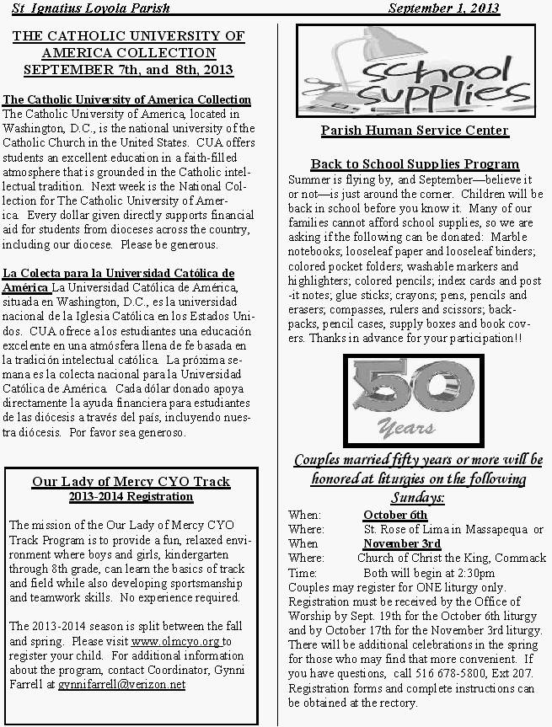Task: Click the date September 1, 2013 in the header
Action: (444, 8)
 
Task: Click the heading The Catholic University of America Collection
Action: (127, 99)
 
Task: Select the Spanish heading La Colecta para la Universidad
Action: (119, 273)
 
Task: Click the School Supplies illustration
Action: (415, 72)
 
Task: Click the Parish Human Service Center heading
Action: (415, 131)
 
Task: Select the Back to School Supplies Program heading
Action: (415, 164)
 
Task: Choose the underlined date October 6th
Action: (395, 515)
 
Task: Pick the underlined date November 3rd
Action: (402, 543)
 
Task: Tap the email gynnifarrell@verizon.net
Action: (121, 684)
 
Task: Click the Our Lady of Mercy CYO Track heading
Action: (131, 482)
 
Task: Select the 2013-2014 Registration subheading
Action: (131, 496)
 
